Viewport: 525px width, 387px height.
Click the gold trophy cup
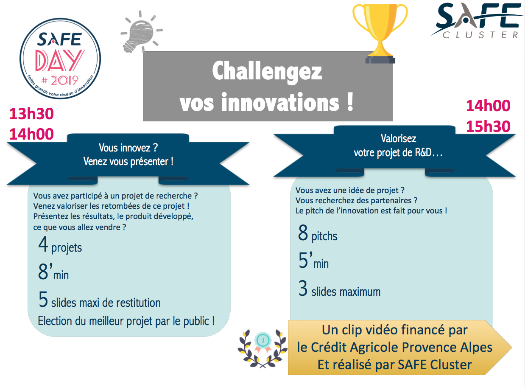pos(380,33)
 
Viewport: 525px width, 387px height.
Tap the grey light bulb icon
pos(141,32)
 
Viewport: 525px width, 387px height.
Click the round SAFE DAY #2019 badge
pos(60,59)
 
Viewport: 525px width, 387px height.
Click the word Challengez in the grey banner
pos(267,71)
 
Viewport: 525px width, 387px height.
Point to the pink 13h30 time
pos(32,114)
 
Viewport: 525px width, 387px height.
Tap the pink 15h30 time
pos(488,126)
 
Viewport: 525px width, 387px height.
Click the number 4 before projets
pos(43,244)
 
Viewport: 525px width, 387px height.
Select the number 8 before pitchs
pos(303,233)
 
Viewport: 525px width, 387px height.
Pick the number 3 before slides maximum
pos(303,288)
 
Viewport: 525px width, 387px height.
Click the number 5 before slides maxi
pos(43,299)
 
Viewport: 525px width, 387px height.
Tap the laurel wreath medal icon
pos(262,348)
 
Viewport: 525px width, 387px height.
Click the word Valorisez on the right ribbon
pos(399,138)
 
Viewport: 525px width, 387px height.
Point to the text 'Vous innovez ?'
pos(128,148)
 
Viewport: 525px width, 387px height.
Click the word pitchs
pos(324,236)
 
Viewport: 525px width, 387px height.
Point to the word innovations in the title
pos(280,102)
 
